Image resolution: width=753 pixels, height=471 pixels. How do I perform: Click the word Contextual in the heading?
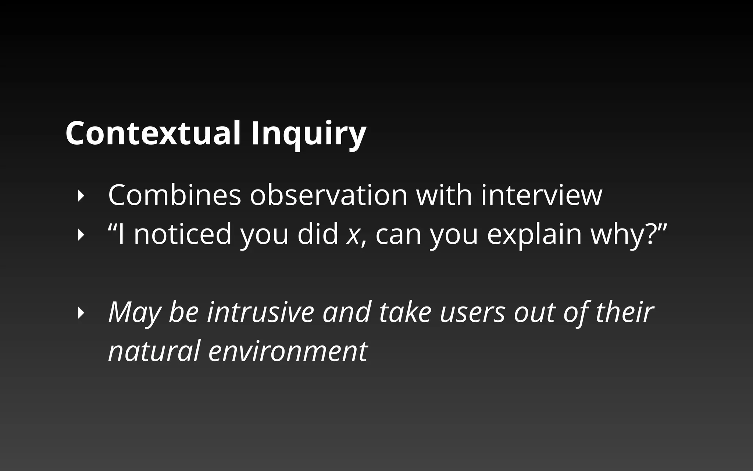153,133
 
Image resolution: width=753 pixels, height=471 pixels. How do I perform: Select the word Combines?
174,195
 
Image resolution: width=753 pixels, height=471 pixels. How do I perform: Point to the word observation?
328,195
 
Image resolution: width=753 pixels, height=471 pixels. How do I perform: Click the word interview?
542,195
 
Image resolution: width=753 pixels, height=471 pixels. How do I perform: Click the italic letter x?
352,235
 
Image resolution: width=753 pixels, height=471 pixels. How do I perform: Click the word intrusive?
260,312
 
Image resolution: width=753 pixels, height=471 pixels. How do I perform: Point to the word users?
472,313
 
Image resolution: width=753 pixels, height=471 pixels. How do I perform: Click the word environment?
288,351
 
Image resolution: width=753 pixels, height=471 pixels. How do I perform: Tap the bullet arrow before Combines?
81,196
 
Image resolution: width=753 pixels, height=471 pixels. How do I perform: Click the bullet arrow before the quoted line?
81,235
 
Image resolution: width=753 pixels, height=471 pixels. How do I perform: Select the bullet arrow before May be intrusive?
81,313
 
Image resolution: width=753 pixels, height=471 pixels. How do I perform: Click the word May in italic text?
134,313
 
